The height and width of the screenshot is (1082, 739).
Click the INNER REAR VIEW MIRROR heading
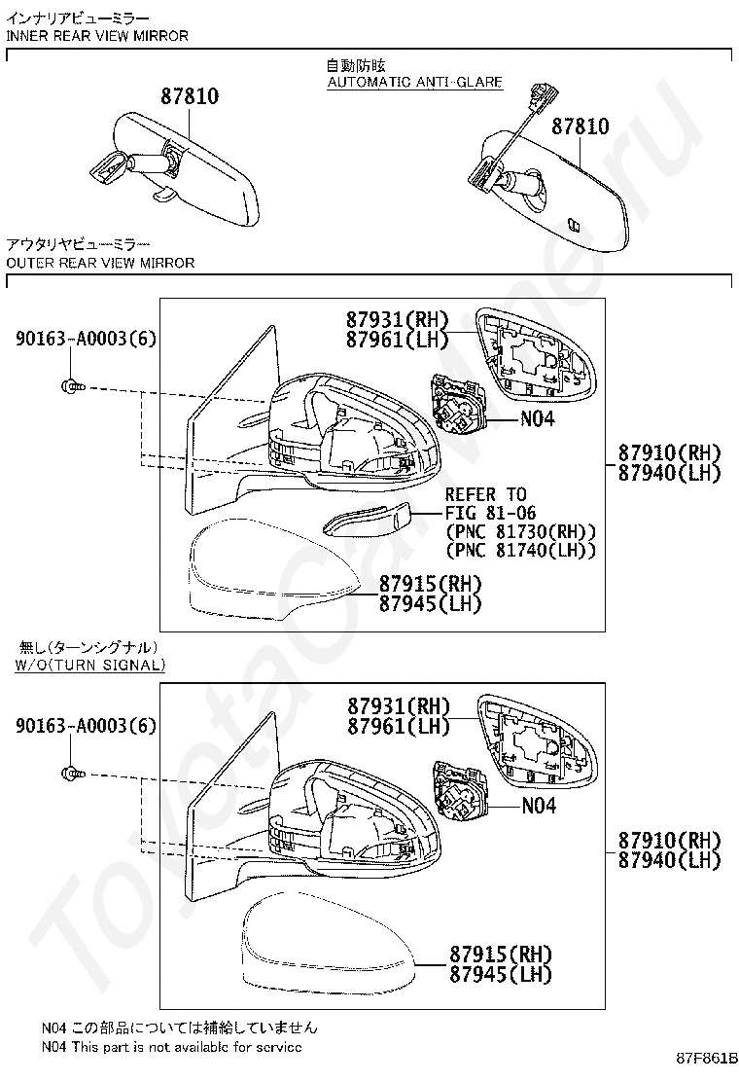(x=97, y=36)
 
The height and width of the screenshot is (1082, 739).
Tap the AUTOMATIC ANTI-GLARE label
(x=415, y=82)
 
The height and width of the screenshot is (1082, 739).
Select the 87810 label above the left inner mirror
(x=190, y=96)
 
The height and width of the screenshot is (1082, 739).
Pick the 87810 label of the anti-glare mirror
(x=581, y=126)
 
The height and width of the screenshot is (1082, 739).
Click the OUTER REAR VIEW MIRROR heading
(x=101, y=263)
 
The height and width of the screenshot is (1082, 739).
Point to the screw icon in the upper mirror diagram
(x=73, y=386)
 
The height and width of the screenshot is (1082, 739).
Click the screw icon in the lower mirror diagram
(x=73, y=773)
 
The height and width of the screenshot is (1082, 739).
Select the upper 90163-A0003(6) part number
(x=87, y=339)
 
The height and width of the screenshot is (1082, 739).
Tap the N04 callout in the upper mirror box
(x=537, y=418)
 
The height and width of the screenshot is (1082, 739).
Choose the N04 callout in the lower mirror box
(x=539, y=806)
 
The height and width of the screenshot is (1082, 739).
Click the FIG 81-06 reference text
(x=490, y=513)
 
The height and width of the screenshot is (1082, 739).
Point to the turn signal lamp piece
(x=367, y=518)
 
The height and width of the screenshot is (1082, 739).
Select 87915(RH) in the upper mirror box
(x=430, y=585)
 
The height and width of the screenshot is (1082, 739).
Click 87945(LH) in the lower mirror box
(x=501, y=974)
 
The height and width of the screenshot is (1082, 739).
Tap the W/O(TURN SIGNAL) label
(x=90, y=666)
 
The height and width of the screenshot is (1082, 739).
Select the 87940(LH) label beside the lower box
(x=669, y=860)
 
